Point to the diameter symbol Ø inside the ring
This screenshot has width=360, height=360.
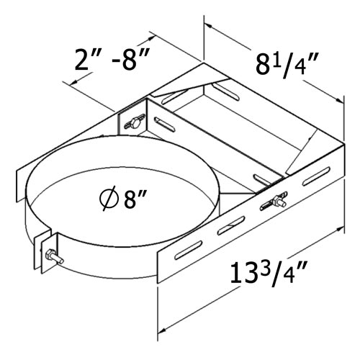point(108,197)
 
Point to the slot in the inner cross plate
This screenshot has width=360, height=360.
point(261,175)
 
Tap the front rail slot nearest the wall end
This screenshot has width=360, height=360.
point(316,177)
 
